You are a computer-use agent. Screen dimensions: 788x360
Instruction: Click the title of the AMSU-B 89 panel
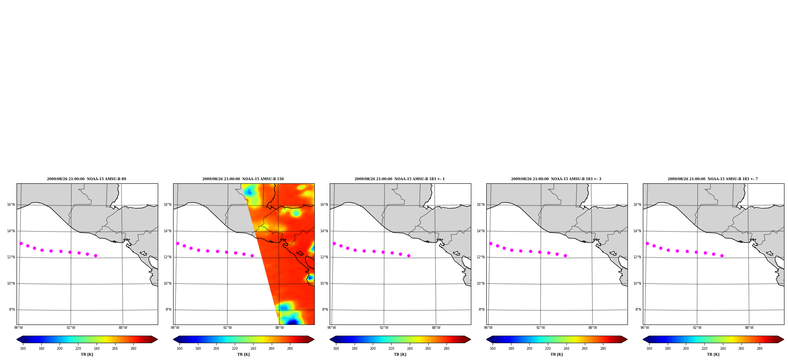pyautogui.click(x=86, y=179)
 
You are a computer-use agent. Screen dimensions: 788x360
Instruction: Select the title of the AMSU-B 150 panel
pyautogui.click(x=243, y=179)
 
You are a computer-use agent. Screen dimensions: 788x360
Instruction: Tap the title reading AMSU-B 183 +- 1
pyautogui.click(x=400, y=179)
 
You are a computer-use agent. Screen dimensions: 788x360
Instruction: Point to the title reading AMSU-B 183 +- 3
pyautogui.click(x=556, y=179)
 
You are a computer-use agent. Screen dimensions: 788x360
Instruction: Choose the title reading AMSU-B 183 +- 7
pyautogui.click(x=713, y=179)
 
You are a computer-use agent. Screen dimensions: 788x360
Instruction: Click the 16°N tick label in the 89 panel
pyautogui.click(x=11, y=205)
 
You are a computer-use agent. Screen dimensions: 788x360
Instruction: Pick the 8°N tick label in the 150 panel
pyautogui.click(x=168, y=310)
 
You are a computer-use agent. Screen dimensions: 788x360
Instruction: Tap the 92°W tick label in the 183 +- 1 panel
pyautogui.click(x=384, y=328)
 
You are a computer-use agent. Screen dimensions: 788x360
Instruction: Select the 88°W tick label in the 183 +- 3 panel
pyautogui.click(x=592, y=328)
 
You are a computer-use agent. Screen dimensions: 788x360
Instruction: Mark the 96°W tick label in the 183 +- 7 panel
pyautogui.click(x=645, y=328)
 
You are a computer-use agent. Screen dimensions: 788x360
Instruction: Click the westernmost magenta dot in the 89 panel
pyautogui.click(x=21, y=243)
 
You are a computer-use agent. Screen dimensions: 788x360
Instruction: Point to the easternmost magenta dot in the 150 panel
pyautogui.click(x=252, y=256)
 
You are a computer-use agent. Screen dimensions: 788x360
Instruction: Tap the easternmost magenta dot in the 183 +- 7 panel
pyautogui.click(x=722, y=256)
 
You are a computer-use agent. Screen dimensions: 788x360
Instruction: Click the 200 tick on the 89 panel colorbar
pyautogui.click(x=60, y=349)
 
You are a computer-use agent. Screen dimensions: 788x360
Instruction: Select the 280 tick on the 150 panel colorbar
pyautogui.click(x=290, y=349)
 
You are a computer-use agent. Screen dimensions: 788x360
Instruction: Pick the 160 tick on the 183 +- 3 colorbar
pyautogui.click(x=493, y=349)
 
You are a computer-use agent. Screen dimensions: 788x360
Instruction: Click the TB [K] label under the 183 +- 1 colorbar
pyautogui.click(x=400, y=354)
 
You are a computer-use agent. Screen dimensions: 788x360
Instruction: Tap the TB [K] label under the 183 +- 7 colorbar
pyautogui.click(x=713, y=354)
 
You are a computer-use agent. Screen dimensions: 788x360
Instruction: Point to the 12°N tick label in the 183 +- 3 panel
pyautogui.click(x=480, y=257)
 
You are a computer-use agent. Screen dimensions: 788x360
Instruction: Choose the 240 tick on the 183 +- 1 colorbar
pyautogui.click(x=410, y=349)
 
